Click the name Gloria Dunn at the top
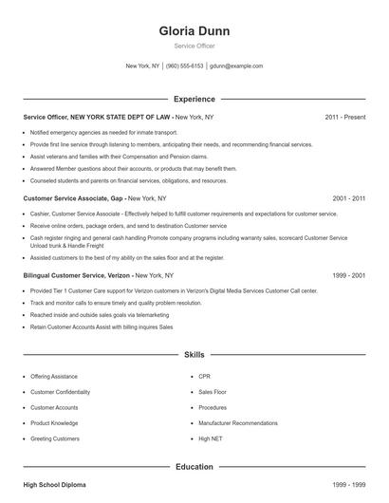(194, 31)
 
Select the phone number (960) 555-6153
(185, 66)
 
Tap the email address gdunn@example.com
(236, 66)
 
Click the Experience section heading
(194, 99)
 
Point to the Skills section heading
(194, 354)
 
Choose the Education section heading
(194, 467)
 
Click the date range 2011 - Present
(344, 117)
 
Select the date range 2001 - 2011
(349, 198)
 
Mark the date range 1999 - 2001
(349, 275)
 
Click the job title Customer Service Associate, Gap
(73, 198)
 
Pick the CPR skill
(205, 377)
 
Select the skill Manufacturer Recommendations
(237, 423)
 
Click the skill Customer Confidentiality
(60, 392)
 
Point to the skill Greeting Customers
(54, 438)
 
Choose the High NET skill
(211, 438)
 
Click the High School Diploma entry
(54, 485)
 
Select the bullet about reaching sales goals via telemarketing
(99, 314)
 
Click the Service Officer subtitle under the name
(194, 46)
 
